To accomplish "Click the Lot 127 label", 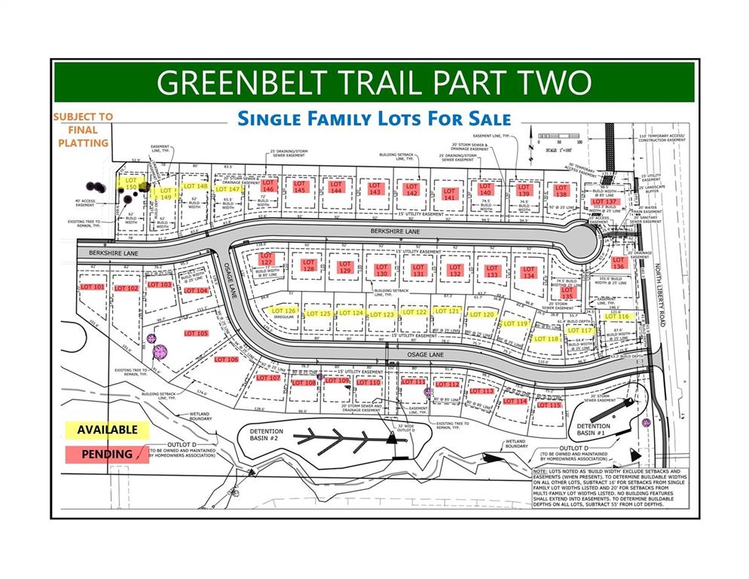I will [266, 259].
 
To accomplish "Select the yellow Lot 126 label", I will [283, 311].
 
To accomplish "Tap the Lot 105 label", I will [196, 333].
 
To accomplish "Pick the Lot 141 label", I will [450, 192].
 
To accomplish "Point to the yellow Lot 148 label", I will [195, 186].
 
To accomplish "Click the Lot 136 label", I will [619, 263].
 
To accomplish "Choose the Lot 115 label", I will [549, 405].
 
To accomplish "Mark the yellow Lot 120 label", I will [481, 314].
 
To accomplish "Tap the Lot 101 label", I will [92, 287].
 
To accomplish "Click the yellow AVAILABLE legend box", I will [105, 429].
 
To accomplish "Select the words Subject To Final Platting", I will [82, 130].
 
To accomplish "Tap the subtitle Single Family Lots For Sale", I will [374, 118].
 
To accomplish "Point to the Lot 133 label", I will [492, 271].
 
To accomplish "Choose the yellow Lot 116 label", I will [616, 317].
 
